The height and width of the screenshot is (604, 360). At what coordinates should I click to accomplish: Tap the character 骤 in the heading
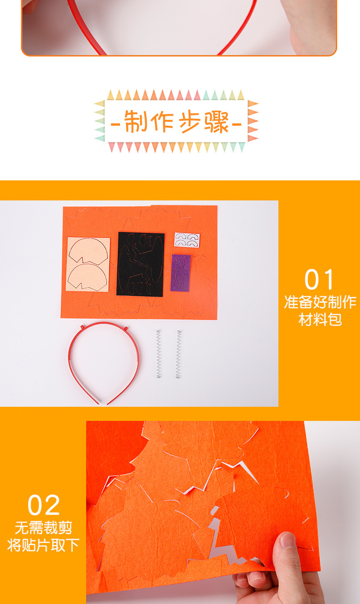216,122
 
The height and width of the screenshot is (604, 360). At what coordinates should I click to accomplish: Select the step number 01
319,280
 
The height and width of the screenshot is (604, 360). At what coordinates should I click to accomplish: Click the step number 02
43,505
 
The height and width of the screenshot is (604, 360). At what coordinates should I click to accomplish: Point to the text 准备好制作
320,302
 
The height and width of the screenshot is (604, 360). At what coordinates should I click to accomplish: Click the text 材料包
320,319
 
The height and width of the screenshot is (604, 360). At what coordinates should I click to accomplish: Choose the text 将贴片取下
43,545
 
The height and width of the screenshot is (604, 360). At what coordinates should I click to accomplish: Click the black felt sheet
140,264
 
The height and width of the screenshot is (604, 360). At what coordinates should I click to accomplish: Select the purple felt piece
180,273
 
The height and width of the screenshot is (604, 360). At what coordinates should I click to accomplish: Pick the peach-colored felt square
88,264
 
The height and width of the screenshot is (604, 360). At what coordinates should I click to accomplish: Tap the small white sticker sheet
187,240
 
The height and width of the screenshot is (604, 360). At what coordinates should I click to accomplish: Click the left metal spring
159,354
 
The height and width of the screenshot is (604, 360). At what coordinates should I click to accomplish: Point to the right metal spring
179,354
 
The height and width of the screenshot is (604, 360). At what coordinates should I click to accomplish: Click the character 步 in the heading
190,122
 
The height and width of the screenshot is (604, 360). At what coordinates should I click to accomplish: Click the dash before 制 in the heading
116,123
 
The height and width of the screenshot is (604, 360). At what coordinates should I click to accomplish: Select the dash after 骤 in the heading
236,123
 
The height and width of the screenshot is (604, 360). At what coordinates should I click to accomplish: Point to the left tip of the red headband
97,403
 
